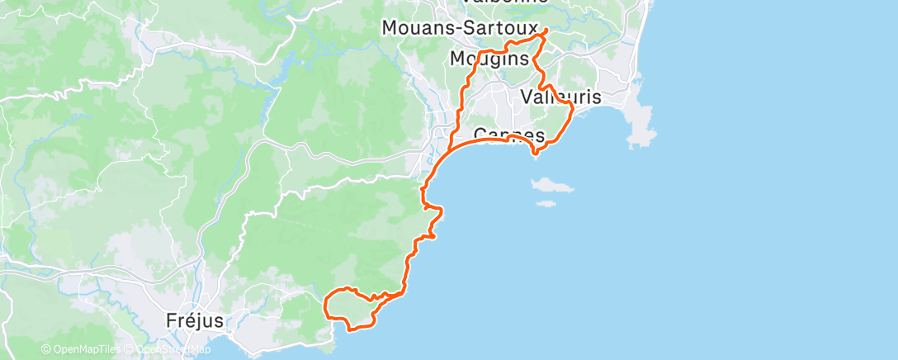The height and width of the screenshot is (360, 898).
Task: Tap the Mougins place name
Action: click(x=489, y=59)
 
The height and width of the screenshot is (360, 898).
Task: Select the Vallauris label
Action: click(x=562, y=97)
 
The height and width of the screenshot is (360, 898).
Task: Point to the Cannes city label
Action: click(x=509, y=135)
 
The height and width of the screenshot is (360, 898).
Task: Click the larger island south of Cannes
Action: click(x=552, y=186)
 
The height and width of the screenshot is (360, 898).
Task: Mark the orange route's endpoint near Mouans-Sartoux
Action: click(x=546, y=31)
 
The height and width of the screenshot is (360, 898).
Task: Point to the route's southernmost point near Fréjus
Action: click(x=353, y=329)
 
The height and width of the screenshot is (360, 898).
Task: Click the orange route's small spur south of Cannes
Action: click(x=536, y=152)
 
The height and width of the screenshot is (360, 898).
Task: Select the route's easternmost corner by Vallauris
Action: click(x=573, y=107)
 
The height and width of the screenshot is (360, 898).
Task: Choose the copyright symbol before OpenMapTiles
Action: click(x=46, y=349)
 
